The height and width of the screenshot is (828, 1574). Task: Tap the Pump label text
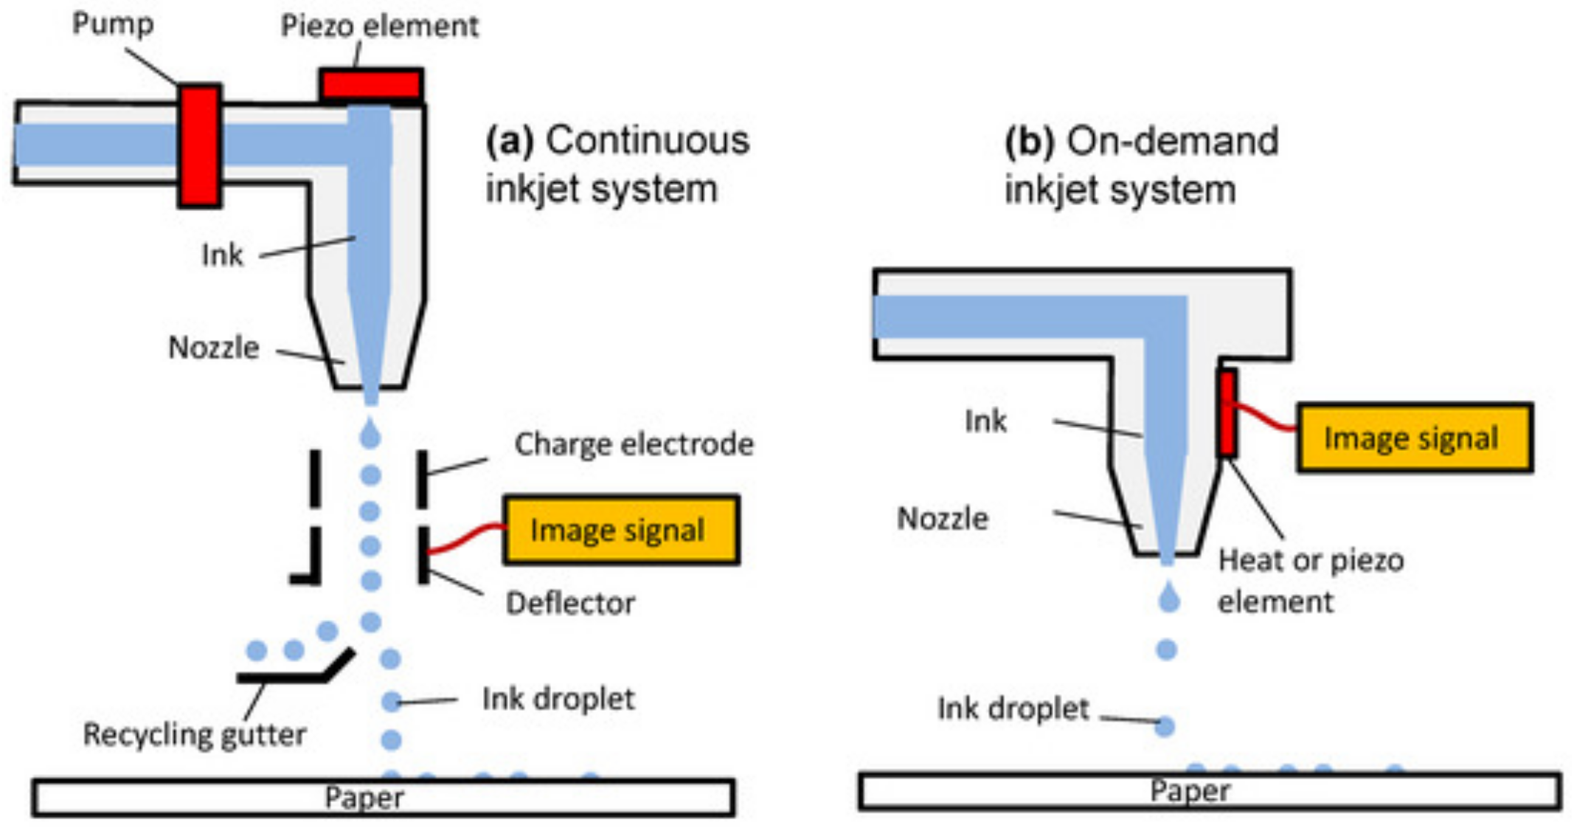pyautogui.click(x=112, y=24)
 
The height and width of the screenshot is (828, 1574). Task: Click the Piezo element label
pyautogui.click(x=379, y=26)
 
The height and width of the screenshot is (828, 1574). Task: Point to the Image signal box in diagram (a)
pyautogui.click(x=621, y=530)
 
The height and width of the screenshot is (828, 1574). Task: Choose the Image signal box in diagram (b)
pyautogui.click(x=1415, y=438)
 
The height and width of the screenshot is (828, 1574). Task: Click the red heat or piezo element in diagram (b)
pyautogui.click(x=1227, y=414)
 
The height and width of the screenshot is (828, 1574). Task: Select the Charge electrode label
pyautogui.click(x=634, y=444)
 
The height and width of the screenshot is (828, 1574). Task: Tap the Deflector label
pyautogui.click(x=570, y=604)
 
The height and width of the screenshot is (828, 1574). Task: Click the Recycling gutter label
pyautogui.click(x=195, y=735)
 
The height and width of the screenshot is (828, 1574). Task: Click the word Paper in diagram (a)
pyautogui.click(x=365, y=798)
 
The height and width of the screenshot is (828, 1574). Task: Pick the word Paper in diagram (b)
pyautogui.click(x=1190, y=790)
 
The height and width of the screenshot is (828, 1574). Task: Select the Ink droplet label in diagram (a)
pyautogui.click(x=558, y=699)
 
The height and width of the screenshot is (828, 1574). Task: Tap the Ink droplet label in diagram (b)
pyautogui.click(x=1013, y=708)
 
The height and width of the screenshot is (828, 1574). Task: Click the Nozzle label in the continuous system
pyautogui.click(x=214, y=348)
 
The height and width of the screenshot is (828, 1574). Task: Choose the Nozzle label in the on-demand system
pyautogui.click(x=942, y=519)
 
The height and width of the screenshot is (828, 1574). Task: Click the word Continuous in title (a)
pyautogui.click(x=648, y=140)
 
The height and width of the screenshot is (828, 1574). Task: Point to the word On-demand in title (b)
pyautogui.click(x=1173, y=141)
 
